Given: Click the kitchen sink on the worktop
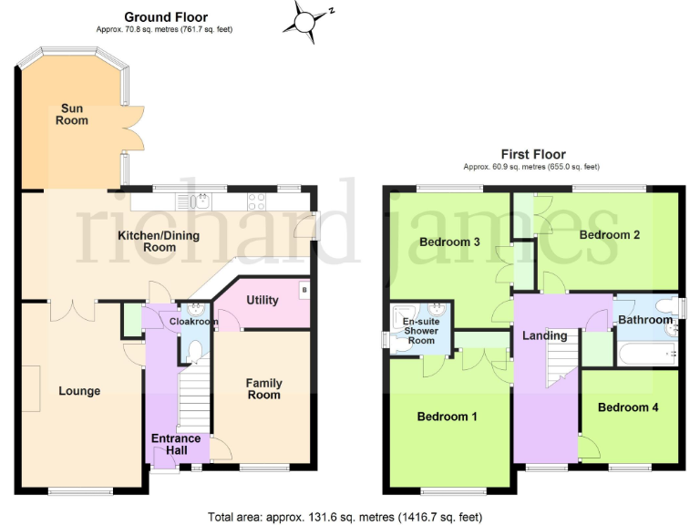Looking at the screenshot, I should (195, 200).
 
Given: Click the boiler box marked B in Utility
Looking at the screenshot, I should (304, 291).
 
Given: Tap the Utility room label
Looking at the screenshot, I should (262, 300).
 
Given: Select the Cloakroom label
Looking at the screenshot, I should (193, 322).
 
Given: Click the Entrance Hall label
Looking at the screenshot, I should (175, 445).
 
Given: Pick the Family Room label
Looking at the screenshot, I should (263, 389).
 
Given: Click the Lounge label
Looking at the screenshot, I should (79, 391).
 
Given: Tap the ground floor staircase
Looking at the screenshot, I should (192, 392).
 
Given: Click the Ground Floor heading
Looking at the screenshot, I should (165, 17).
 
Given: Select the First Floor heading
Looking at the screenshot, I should (532, 155).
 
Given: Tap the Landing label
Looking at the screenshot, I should (545, 335).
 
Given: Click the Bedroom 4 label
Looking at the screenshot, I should (628, 407).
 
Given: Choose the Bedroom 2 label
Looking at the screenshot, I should (609, 234).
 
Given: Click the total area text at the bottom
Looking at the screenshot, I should (345, 516).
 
